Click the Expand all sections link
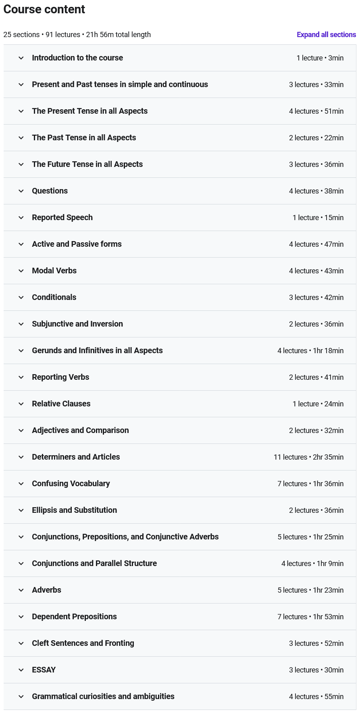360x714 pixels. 326,35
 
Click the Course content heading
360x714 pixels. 44,9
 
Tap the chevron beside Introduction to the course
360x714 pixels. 21,58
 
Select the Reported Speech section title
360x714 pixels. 62,218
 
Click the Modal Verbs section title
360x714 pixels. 54,271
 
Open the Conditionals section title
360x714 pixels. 54,298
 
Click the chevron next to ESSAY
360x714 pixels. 21,670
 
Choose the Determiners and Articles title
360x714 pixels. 76,457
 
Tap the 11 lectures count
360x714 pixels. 290,457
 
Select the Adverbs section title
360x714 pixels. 46,590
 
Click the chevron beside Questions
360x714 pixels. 21,191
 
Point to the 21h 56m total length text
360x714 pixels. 118,35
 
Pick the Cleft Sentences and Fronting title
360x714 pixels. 83,643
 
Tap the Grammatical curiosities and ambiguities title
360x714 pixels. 103,697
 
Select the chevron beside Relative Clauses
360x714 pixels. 21,404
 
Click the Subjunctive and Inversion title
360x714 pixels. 77,324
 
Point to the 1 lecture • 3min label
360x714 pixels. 320,58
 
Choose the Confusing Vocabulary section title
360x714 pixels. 71,484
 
